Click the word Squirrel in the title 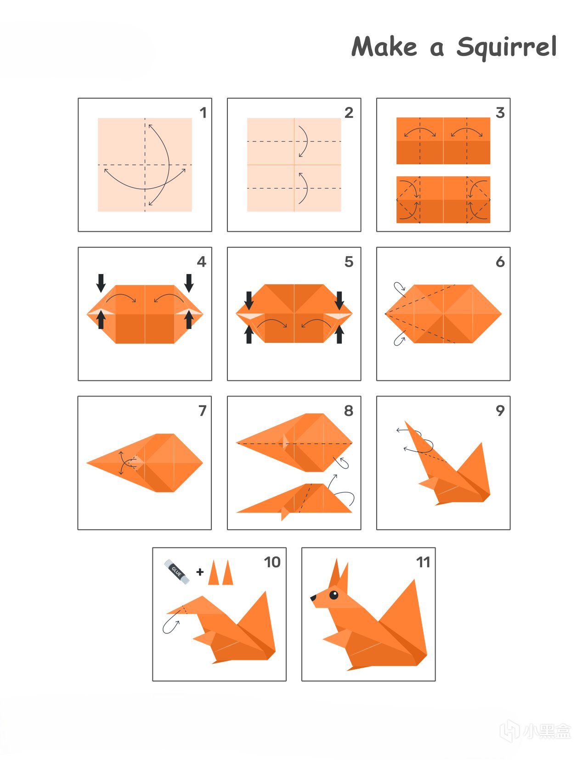click(506, 48)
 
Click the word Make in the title click(384, 46)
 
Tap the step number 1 click(203, 112)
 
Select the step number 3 click(500, 112)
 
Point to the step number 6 click(500, 262)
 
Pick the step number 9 click(500, 411)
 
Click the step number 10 click(272, 562)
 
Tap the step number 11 click(423, 562)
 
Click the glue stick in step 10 click(177, 571)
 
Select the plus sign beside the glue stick click(200, 572)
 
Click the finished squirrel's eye click(334, 595)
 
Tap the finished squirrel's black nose click(313, 598)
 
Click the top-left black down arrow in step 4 click(101, 283)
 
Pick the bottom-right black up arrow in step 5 click(339, 334)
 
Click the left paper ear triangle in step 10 click(214, 573)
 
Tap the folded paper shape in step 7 click(145, 463)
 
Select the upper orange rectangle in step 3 click(443, 140)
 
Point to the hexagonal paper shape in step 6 click(443, 314)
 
